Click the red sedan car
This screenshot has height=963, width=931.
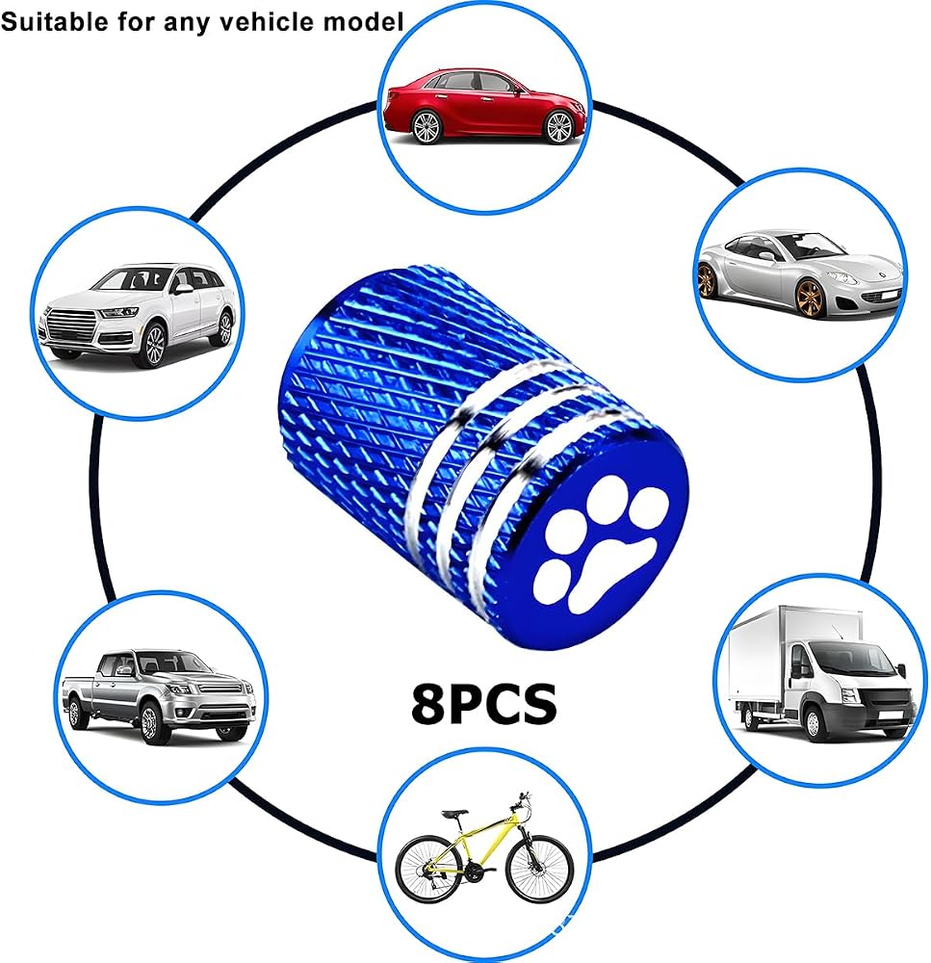click(x=484, y=107)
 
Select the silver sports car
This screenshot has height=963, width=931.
click(x=799, y=273)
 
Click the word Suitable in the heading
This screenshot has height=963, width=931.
click(x=55, y=22)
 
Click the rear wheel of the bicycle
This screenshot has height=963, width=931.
click(x=428, y=872)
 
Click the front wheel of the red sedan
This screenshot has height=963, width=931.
click(x=557, y=126)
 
